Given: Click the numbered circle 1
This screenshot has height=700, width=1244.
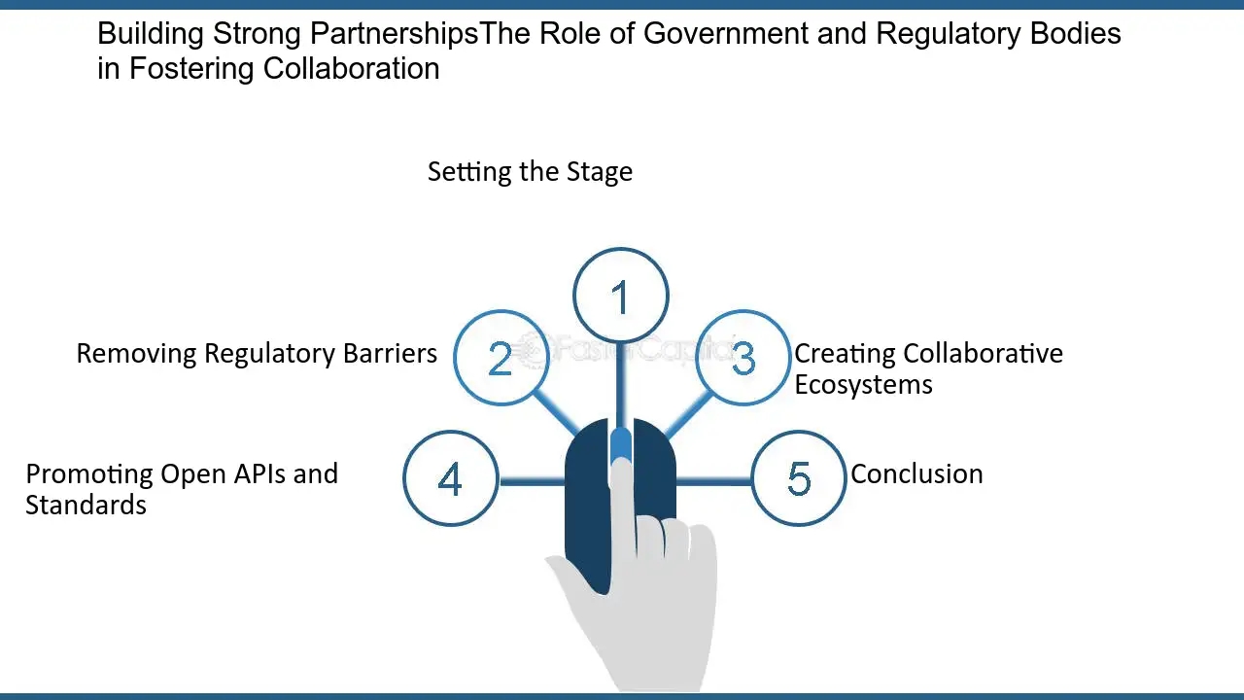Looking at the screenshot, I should click(621, 297).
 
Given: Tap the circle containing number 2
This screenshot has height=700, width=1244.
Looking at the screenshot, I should click(501, 358).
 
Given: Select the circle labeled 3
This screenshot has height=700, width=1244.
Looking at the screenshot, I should click(743, 358).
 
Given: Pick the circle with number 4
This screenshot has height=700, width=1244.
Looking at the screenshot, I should click(450, 478).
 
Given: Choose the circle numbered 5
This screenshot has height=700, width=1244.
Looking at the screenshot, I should click(799, 478).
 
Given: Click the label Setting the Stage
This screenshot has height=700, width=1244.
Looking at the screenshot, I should click(530, 172).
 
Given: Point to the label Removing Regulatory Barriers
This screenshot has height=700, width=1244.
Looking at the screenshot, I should click(257, 353).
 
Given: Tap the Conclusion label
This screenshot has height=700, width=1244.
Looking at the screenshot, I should click(916, 474).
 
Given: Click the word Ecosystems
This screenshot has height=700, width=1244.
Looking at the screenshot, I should click(863, 384).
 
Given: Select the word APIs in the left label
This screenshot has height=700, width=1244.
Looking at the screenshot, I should click(259, 474).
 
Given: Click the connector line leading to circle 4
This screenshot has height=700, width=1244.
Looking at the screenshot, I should click(532, 479).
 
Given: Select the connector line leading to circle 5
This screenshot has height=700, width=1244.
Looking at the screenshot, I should click(714, 479).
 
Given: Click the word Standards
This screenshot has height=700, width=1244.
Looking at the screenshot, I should click(86, 506).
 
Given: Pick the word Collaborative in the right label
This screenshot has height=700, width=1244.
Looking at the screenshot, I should click(983, 353).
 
